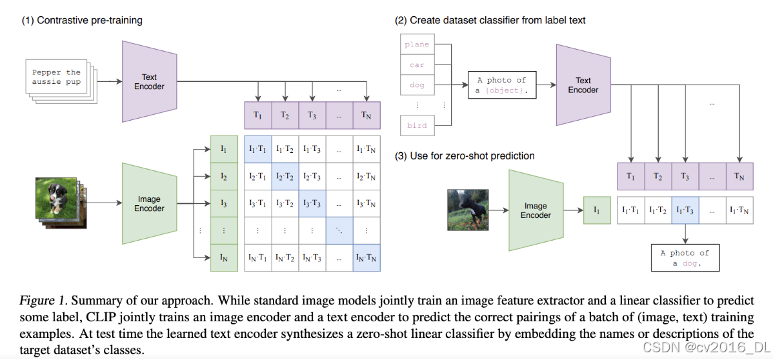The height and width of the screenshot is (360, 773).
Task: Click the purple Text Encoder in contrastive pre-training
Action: pyautogui.click(x=149, y=81)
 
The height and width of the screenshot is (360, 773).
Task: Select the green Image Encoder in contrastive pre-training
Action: pyautogui.click(x=149, y=204)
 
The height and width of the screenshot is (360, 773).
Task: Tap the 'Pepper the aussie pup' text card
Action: pyautogui.click(x=57, y=77)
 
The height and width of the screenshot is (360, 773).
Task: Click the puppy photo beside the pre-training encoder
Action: pyautogui.click(x=57, y=201)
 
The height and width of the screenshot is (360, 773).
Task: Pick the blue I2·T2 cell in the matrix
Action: pyautogui.click(x=285, y=176)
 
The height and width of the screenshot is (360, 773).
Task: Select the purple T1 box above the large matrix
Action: pyautogui.click(x=258, y=115)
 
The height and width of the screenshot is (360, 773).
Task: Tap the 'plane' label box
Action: pyautogui.click(x=417, y=45)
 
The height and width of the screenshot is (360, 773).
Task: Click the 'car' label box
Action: pyautogui.click(x=417, y=65)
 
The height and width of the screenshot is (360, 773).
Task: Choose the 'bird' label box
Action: pyautogui.click(x=417, y=125)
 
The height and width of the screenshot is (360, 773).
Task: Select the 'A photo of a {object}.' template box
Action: pyautogui.click(x=502, y=85)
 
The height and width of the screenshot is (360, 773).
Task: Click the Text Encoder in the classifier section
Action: pyautogui.click(x=583, y=85)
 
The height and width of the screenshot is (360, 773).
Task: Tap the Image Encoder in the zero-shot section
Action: pyautogui.click(x=536, y=210)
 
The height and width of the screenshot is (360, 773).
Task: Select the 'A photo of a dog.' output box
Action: pyautogui.click(x=685, y=258)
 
